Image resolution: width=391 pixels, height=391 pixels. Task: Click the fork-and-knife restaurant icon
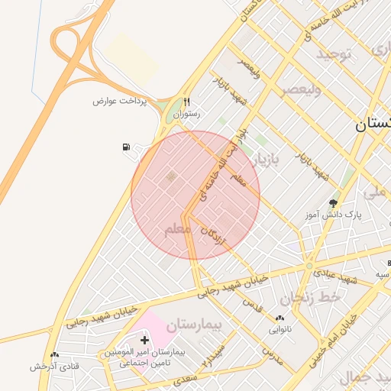tap(186, 102)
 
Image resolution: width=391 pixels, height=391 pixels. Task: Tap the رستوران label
tap(186, 114)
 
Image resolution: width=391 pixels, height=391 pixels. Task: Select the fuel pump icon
tap(125, 147)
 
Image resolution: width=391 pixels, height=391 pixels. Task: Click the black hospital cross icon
tap(144, 338)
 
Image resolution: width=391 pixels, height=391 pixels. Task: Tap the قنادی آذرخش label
tap(55, 367)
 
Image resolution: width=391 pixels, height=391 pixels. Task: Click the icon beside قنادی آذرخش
tap(54, 355)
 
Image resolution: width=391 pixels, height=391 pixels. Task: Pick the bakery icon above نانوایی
tap(280, 318)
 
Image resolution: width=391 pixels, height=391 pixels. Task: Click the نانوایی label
tap(280, 330)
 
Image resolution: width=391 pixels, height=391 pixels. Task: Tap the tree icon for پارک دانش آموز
tap(333, 203)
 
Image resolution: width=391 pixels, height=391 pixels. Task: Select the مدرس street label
tap(273, 355)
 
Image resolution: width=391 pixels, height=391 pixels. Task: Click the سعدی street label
tap(186, 376)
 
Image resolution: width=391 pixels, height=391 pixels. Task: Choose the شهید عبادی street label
tap(340, 280)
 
